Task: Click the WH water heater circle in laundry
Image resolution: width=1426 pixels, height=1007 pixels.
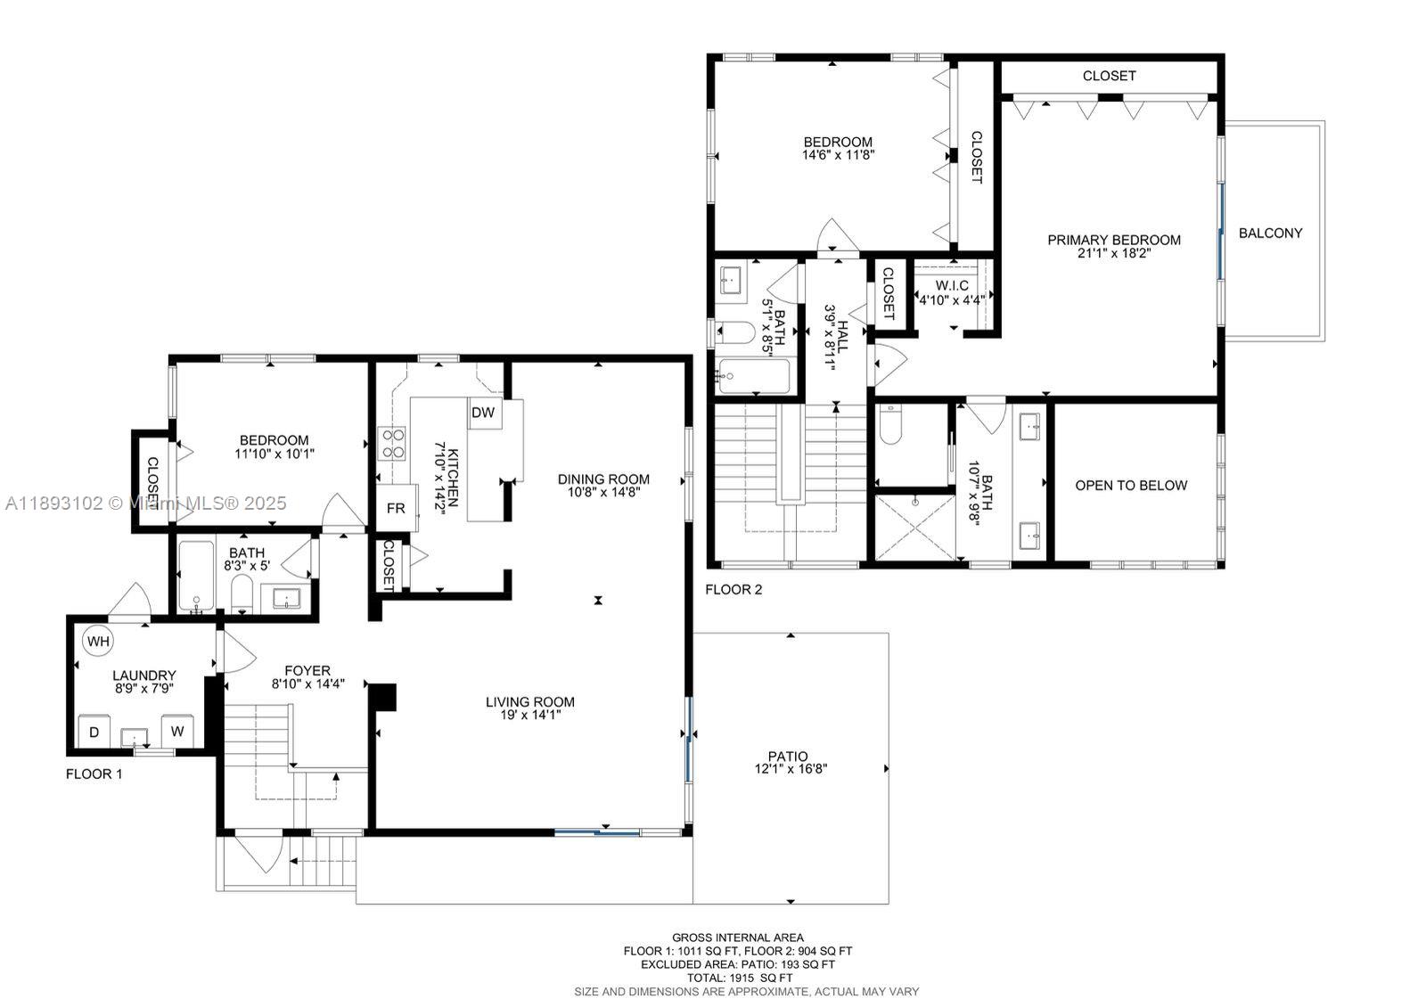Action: tap(97, 641)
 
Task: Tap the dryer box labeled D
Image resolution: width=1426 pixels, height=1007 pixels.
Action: tap(94, 732)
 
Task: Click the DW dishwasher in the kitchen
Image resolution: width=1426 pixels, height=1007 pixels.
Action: tap(483, 413)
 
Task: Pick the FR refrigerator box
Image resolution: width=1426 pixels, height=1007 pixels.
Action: tap(396, 509)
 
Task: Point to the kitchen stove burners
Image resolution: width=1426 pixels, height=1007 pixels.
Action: tap(393, 444)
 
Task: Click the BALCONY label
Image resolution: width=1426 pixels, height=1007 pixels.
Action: tap(1270, 233)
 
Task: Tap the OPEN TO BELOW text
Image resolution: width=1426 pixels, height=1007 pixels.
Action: tap(1130, 486)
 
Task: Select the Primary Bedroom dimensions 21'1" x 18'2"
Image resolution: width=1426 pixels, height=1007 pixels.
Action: tap(1113, 253)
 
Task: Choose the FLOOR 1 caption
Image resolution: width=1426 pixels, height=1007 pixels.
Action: tap(94, 774)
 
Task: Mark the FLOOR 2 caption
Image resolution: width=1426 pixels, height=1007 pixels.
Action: tap(733, 589)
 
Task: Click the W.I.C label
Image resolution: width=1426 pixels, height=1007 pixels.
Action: tap(951, 285)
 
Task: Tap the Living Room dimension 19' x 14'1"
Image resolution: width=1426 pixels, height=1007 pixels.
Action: tap(529, 715)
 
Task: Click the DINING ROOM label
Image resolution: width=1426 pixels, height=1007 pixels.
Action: tap(603, 479)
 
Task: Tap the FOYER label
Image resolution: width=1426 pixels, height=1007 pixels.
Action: tap(307, 670)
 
